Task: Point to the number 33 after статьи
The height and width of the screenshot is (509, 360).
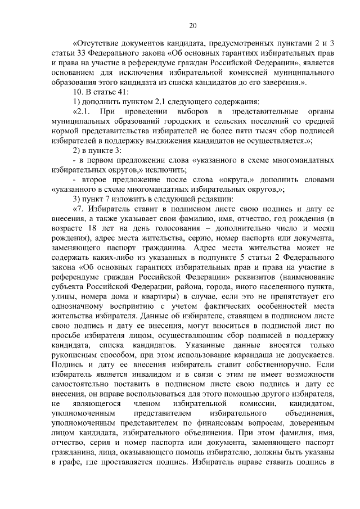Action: pyautogui.click(x=81, y=54)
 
